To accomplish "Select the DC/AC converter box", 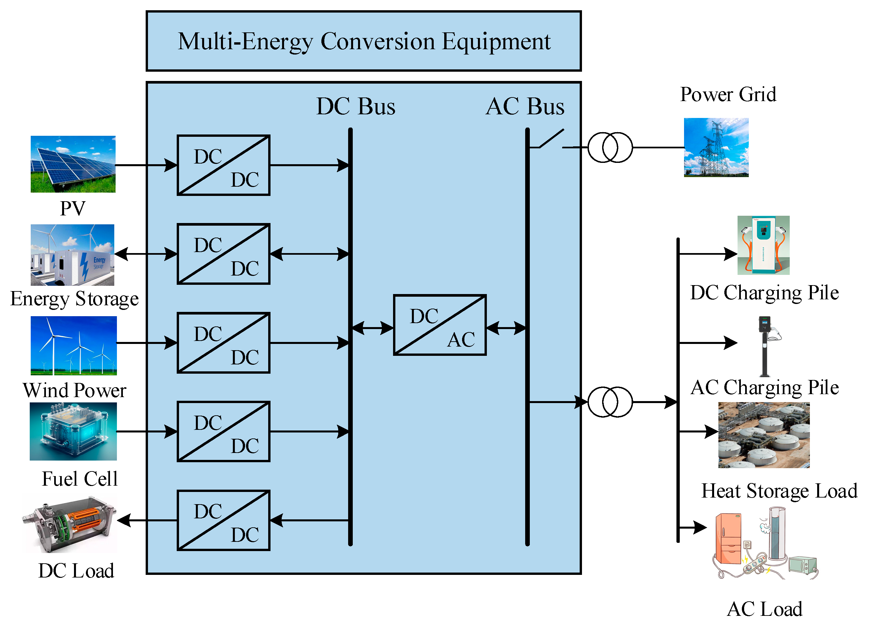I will click(440, 325).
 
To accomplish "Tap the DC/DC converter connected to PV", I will click(223, 165).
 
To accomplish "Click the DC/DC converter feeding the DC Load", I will click(223, 520).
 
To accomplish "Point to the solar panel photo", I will click(73, 164).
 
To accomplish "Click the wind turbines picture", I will click(73, 345).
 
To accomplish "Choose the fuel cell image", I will click(73, 431).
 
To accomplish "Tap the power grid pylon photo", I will click(716, 147).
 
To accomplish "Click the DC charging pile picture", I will click(763, 245).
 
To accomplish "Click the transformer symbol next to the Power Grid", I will click(610, 147).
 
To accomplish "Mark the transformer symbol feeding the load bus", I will click(610, 402).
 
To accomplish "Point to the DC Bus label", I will click(355, 106).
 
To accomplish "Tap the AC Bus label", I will click(525, 106).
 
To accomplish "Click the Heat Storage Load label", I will click(779, 491).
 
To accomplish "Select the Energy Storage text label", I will click(74, 299).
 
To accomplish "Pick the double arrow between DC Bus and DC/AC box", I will click(372, 328).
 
